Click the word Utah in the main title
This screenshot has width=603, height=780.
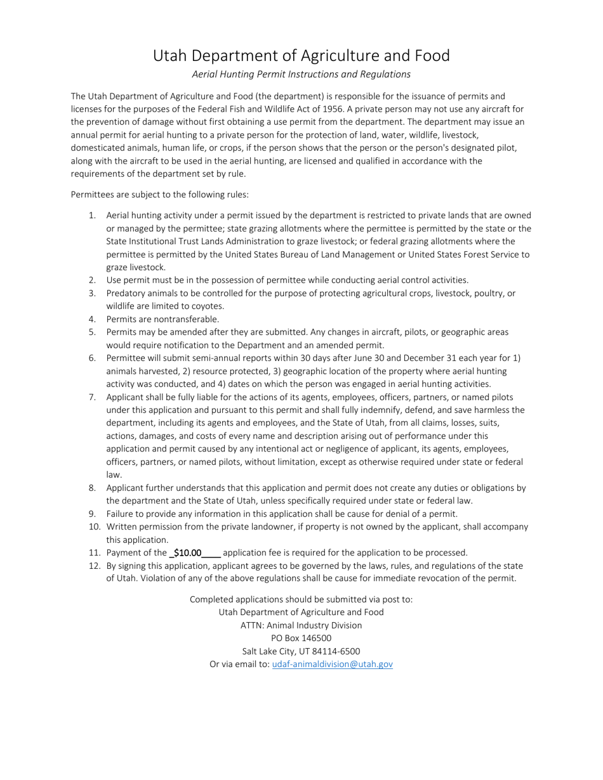coord(173,56)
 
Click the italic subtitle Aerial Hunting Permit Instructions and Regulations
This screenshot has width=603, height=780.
coord(301,74)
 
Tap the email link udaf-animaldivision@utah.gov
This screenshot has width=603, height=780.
coord(332,664)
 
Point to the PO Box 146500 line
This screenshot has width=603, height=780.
coord(301,638)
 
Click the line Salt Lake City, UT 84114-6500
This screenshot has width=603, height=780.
coord(301,651)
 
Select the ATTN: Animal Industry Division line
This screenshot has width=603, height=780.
coord(301,625)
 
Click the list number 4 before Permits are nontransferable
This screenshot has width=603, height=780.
coord(92,319)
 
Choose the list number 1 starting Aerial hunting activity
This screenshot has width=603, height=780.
coord(92,216)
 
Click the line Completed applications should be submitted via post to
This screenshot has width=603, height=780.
coord(301,599)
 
